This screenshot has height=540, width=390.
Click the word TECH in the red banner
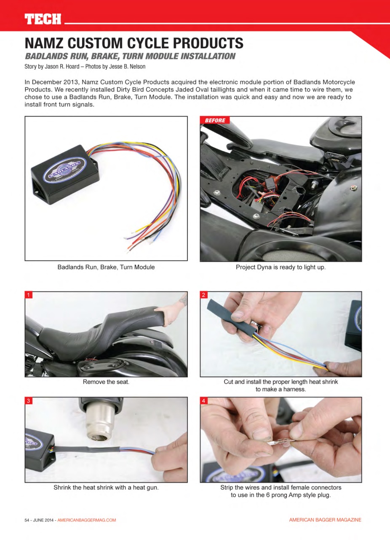click(x=43, y=19)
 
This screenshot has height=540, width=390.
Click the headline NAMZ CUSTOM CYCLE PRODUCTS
click(x=134, y=43)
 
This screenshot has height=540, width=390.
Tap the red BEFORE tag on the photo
click(x=215, y=121)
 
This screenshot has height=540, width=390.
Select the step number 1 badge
click(x=29, y=295)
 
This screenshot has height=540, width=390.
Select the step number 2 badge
click(x=204, y=295)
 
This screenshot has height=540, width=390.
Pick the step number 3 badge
click(x=29, y=401)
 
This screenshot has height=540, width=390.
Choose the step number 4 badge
click(x=204, y=401)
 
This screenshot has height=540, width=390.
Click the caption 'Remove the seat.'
click(x=106, y=382)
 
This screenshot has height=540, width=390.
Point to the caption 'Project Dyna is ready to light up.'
click(x=280, y=267)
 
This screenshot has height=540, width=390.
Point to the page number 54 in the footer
click(x=28, y=520)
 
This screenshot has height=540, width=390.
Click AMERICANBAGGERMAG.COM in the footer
click(x=86, y=520)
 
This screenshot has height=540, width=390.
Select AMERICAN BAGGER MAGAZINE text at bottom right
click(x=325, y=520)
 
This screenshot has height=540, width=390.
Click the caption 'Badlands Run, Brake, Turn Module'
click(x=106, y=267)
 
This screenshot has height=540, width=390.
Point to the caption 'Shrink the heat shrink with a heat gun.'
click(x=106, y=487)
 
